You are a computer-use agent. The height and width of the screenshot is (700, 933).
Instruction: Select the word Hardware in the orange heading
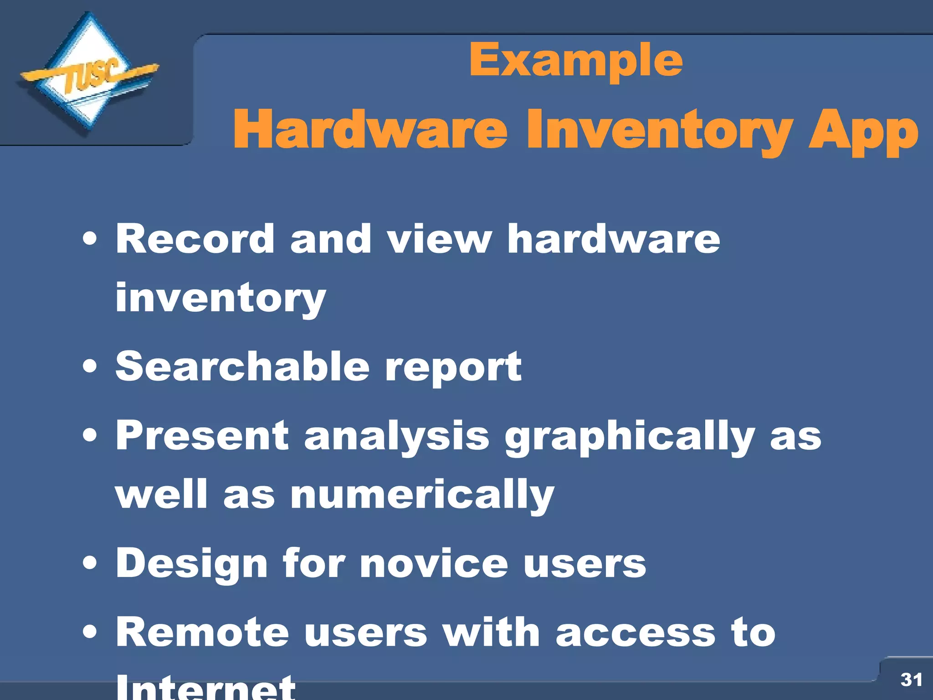370,129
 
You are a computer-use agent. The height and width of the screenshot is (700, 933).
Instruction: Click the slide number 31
911,679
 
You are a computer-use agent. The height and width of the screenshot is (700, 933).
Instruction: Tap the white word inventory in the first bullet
220,299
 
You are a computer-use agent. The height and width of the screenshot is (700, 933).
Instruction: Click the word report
453,368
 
